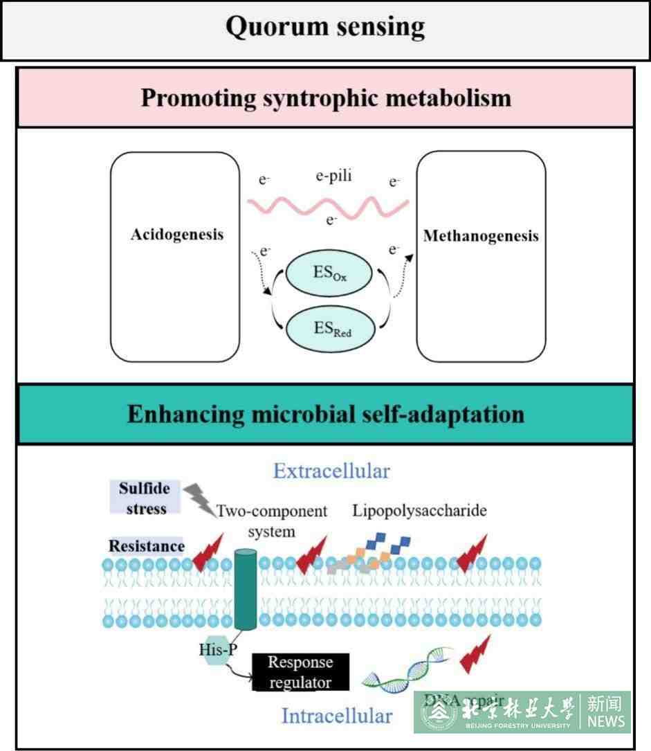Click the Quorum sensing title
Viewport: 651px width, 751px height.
pos(324,28)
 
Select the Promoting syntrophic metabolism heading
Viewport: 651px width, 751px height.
pos(326,98)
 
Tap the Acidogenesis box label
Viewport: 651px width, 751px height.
pos(177,234)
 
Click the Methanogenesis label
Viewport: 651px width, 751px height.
pos(481,236)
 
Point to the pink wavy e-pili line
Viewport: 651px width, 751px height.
pos(328,204)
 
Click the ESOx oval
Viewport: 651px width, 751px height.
pos(329,273)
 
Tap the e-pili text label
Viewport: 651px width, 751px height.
pos(333,177)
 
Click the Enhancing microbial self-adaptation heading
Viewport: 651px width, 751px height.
pos(325,414)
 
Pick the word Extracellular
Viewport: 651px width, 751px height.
pos(331,471)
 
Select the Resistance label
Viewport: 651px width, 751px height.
pos(146,546)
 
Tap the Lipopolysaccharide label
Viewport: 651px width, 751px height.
pos(419,511)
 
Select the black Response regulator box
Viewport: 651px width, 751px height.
pos(300,672)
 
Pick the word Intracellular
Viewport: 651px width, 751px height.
pos(336,716)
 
